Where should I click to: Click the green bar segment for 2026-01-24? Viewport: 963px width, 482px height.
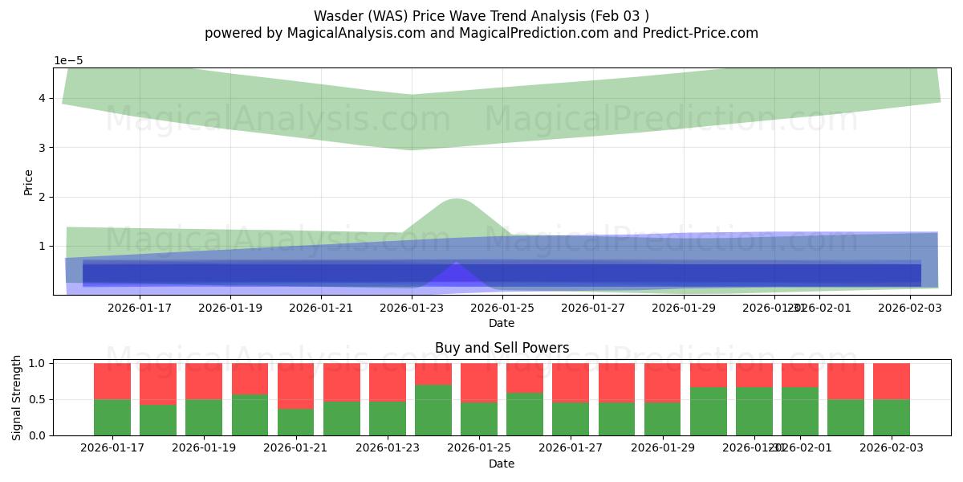point(433,410)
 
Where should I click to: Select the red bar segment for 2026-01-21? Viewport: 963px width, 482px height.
point(295,386)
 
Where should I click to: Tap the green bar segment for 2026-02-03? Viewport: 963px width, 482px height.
point(892,418)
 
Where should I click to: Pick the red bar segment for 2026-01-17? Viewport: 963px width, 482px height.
point(112,381)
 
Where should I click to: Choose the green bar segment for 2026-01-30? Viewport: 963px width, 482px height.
point(709,411)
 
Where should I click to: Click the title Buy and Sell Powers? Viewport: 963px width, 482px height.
point(502,348)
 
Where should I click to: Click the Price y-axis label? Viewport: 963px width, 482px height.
point(29,182)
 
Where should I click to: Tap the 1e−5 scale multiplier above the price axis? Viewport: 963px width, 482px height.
point(68,60)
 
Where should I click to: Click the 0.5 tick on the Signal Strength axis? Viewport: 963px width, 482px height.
point(37,399)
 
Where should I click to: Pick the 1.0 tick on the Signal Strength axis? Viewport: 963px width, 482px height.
point(37,363)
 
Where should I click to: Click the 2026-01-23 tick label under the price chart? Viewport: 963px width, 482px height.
point(412,307)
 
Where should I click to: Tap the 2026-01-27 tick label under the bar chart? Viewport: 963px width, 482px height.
point(571,447)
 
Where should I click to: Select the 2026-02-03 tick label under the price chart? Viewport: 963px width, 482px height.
point(910,307)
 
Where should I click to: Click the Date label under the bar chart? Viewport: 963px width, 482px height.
point(502,464)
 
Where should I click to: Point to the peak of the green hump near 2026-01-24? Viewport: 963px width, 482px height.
point(456,198)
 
